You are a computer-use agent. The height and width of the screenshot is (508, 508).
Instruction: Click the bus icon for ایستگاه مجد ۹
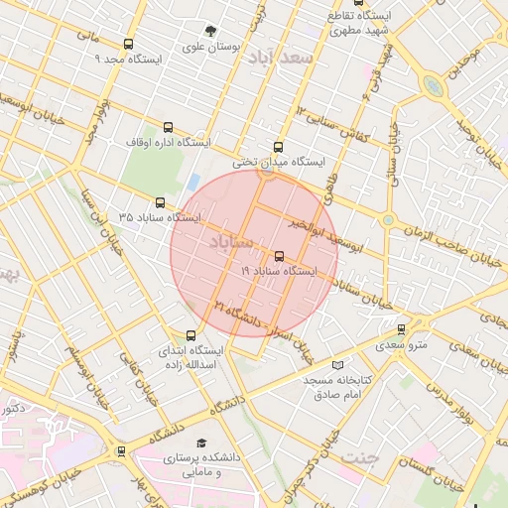click(128, 44)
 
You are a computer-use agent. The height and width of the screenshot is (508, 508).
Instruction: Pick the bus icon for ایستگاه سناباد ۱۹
click(278, 255)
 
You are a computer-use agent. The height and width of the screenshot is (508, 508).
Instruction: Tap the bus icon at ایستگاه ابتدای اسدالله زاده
click(191, 335)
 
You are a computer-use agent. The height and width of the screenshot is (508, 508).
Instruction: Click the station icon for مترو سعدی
click(401, 329)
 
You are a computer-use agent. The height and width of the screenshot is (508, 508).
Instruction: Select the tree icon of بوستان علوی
click(209, 31)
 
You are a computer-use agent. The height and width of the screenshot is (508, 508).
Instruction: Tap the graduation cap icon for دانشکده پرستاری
click(202, 443)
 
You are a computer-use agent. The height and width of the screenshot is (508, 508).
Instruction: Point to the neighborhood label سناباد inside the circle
click(233, 241)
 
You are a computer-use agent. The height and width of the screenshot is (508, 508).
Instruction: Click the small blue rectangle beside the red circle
click(193, 183)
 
